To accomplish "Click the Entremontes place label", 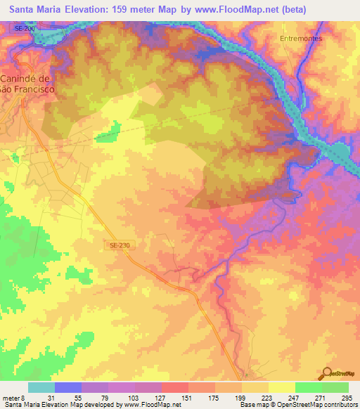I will tap(300, 39).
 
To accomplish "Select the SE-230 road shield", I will tap(120, 245).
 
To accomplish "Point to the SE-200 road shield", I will tap(24, 27).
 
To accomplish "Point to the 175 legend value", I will tap(215, 397).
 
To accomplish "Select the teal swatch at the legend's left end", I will tap(41, 387).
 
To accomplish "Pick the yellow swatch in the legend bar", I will tap(282, 387).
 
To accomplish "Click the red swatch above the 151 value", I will tap(175, 387).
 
